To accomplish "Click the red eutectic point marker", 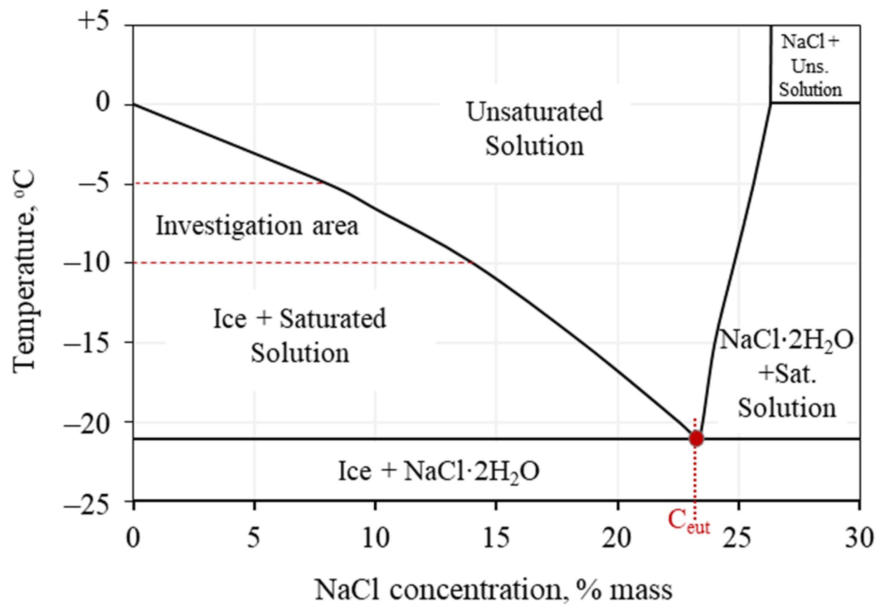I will point(696,438).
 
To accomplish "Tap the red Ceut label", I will point(688,523).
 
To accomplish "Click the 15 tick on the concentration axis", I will point(496,538).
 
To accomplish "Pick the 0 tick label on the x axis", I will point(133,538).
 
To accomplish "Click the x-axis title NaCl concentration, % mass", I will point(493,589).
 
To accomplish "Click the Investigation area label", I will point(257,225).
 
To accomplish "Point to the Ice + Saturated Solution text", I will point(300,335).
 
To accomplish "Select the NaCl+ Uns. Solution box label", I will point(810,65).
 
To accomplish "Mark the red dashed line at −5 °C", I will point(230,184).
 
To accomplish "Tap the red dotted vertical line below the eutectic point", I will point(695,479).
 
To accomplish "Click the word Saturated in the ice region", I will point(332,318).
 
